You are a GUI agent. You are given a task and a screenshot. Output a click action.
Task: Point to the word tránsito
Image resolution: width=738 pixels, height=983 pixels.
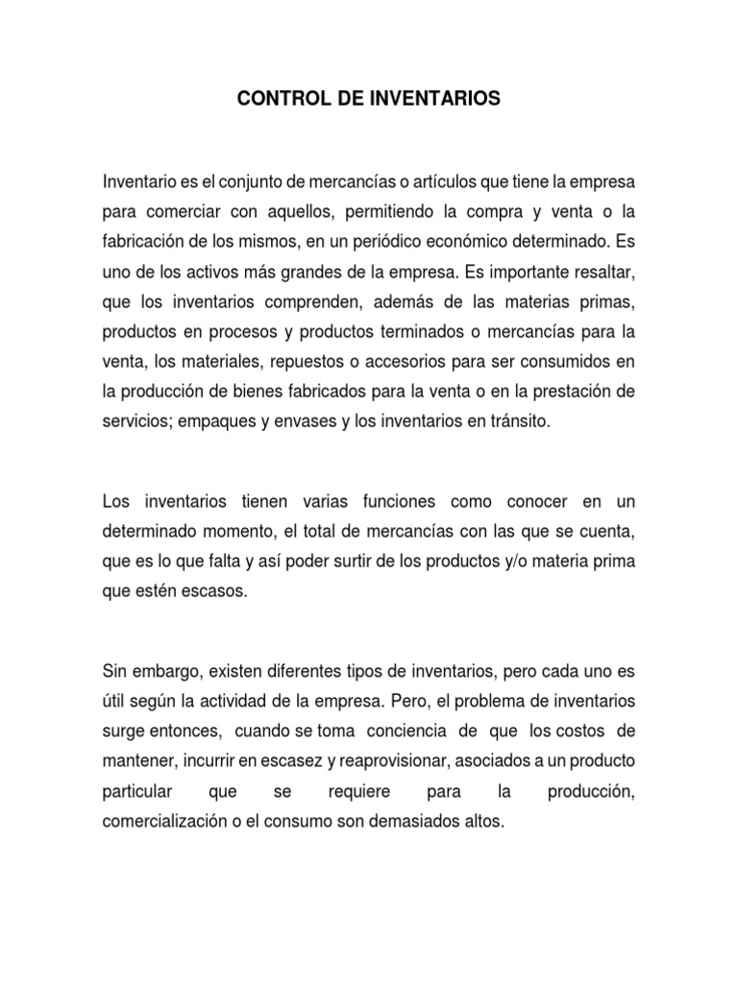point(519,422)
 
